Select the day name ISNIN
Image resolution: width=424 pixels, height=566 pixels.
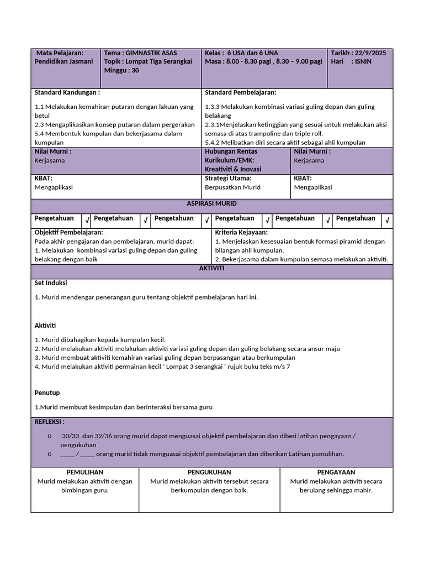coord(363,62)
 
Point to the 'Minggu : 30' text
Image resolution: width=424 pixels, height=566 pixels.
coord(121,71)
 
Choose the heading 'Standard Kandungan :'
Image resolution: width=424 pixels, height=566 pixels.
coord(67,93)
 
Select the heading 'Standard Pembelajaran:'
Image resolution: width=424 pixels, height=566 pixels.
coord(241,93)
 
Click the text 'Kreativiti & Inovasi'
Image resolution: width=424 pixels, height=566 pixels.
coord(233,169)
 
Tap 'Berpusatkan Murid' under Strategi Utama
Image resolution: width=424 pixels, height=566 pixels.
coord(232,187)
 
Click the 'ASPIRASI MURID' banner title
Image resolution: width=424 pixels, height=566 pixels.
coord(212,204)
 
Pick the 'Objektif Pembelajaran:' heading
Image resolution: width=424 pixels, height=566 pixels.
coord(69,233)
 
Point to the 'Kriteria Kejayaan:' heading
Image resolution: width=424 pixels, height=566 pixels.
coord(241,233)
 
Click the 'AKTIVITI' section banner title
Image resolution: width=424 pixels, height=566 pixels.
coord(212,268)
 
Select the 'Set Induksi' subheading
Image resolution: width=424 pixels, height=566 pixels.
coord(51,283)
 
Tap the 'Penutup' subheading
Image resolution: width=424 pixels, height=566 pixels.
coord(47,393)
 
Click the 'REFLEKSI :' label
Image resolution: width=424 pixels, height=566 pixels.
coord(50,422)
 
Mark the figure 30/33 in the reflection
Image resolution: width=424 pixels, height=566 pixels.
coord(71,436)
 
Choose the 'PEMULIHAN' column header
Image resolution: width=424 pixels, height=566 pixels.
coord(85,473)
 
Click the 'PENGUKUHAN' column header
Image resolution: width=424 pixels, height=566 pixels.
coord(209,473)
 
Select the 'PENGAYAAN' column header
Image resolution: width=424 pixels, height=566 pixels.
coord(336,473)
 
